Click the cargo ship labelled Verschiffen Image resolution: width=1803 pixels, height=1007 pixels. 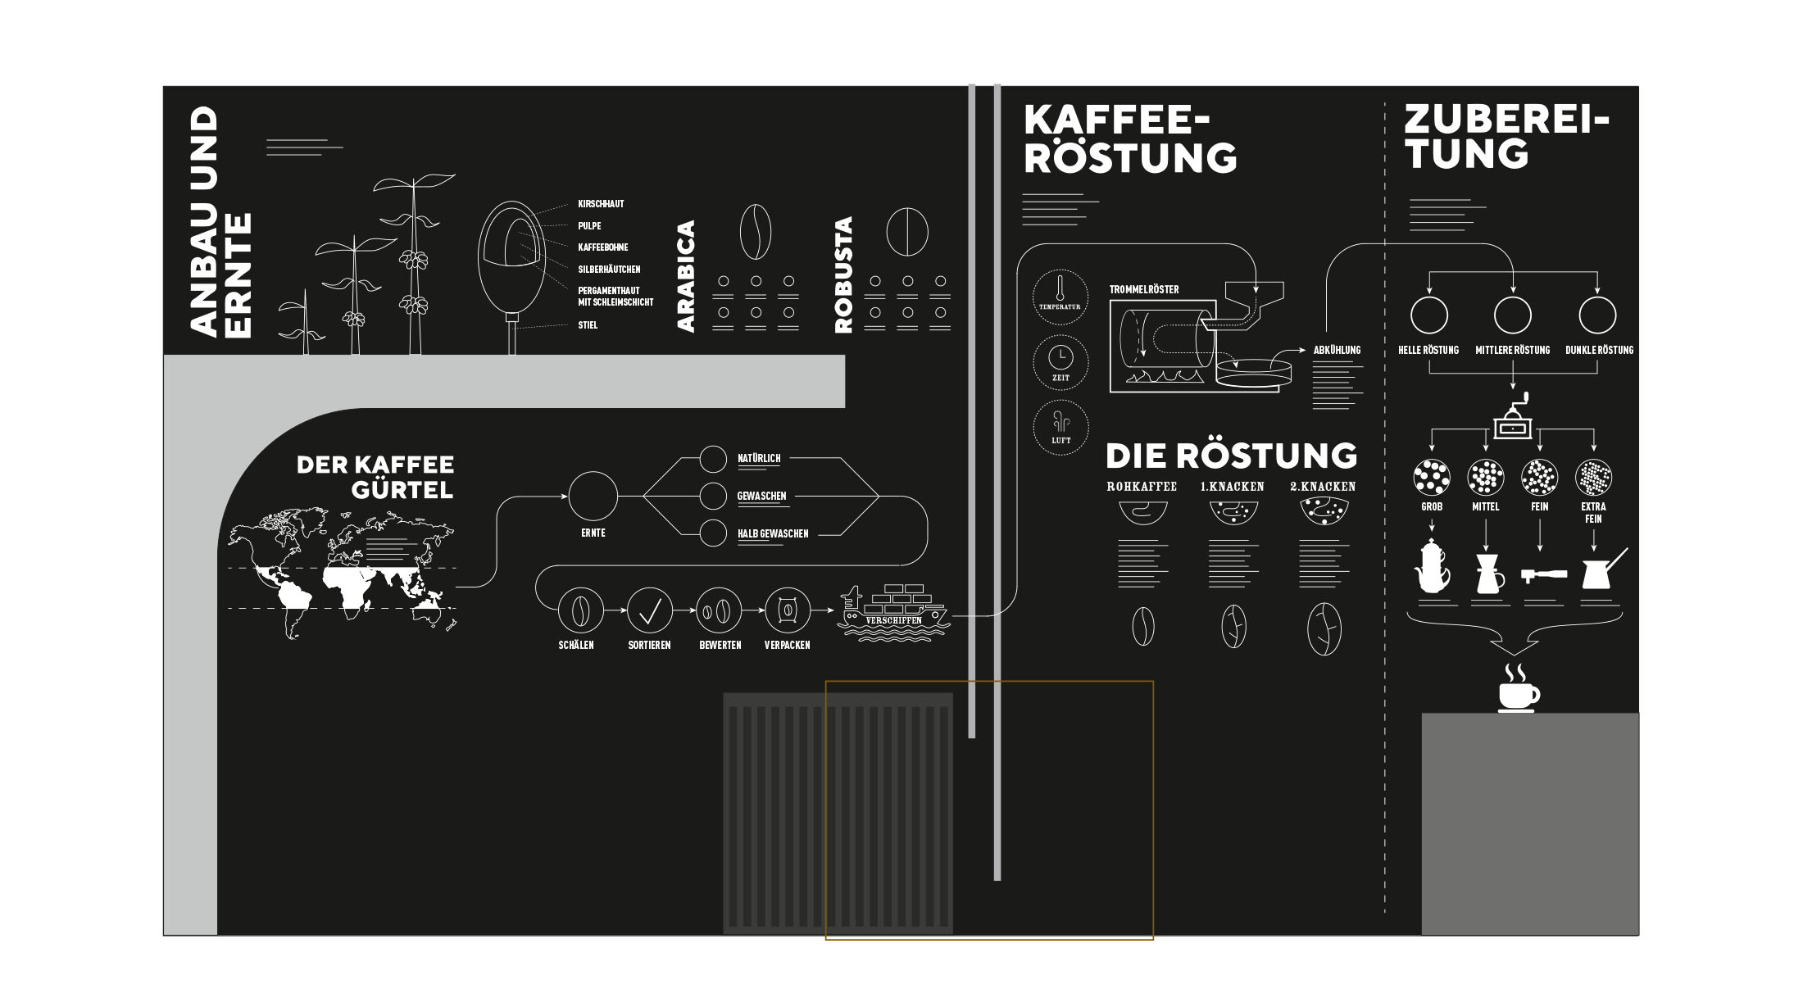pyautogui.click(x=893, y=611)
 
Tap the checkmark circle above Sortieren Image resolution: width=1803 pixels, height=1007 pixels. pyautogui.click(x=650, y=610)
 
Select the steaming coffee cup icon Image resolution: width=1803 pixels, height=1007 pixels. pyautogui.click(x=1518, y=690)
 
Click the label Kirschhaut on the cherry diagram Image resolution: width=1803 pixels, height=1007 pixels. pyautogui.click(x=601, y=204)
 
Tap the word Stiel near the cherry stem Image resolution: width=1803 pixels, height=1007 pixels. pyautogui.click(x=588, y=325)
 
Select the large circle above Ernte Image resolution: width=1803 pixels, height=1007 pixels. pyautogui.click(x=593, y=496)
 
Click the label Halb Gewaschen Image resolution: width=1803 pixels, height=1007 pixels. pyautogui.click(x=773, y=534)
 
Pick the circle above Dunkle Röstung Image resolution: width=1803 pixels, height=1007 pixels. pyautogui.click(x=1597, y=315)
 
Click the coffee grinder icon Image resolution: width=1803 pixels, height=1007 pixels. pyautogui.click(x=1513, y=418)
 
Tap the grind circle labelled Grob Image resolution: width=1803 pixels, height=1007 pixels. pyautogui.click(x=1432, y=477)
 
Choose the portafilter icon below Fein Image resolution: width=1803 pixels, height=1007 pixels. pyautogui.click(x=1543, y=575)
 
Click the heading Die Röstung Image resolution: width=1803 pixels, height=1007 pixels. pyautogui.click(x=1231, y=456)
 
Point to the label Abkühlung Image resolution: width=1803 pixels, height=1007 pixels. pyautogui.click(x=1337, y=351)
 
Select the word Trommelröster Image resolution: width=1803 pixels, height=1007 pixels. pyautogui.click(x=1144, y=289)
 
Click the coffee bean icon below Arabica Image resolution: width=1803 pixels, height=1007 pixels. pyautogui.click(x=755, y=232)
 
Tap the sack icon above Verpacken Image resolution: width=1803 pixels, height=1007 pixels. pyautogui.click(x=787, y=610)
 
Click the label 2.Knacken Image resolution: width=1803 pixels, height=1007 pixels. pyautogui.click(x=1323, y=487)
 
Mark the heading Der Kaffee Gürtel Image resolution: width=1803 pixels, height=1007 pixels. pyautogui.click(x=375, y=477)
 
